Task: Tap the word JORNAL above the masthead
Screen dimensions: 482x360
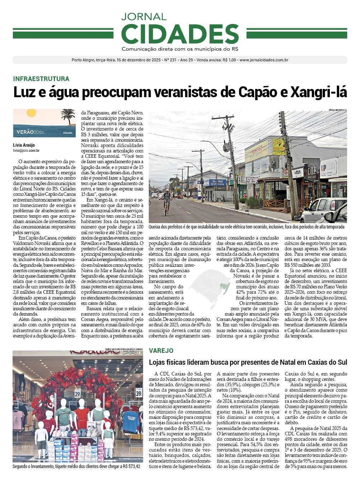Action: click(x=144, y=16)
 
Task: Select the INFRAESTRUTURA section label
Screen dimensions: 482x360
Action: click(x=41, y=79)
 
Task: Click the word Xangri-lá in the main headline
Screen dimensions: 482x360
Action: click(x=319, y=93)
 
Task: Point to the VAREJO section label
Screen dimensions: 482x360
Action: click(x=161, y=351)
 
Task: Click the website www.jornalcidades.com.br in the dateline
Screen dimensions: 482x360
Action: click(x=264, y=60)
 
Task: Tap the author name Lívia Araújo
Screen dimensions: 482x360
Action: click(x=24, y=145)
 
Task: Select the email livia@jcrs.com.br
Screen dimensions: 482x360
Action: click(x=26, y=151)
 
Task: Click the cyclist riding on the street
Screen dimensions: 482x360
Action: click(x=167, y=201)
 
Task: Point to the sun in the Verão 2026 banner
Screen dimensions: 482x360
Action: click(x=31, y=113)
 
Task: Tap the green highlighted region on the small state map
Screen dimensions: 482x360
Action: click(x=224, y=287)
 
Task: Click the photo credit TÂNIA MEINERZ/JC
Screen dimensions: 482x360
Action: click(x=337, y=110)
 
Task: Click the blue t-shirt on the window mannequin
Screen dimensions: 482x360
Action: click(x=131, y=421)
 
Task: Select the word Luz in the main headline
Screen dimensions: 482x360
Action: click(x=25, y=93)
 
